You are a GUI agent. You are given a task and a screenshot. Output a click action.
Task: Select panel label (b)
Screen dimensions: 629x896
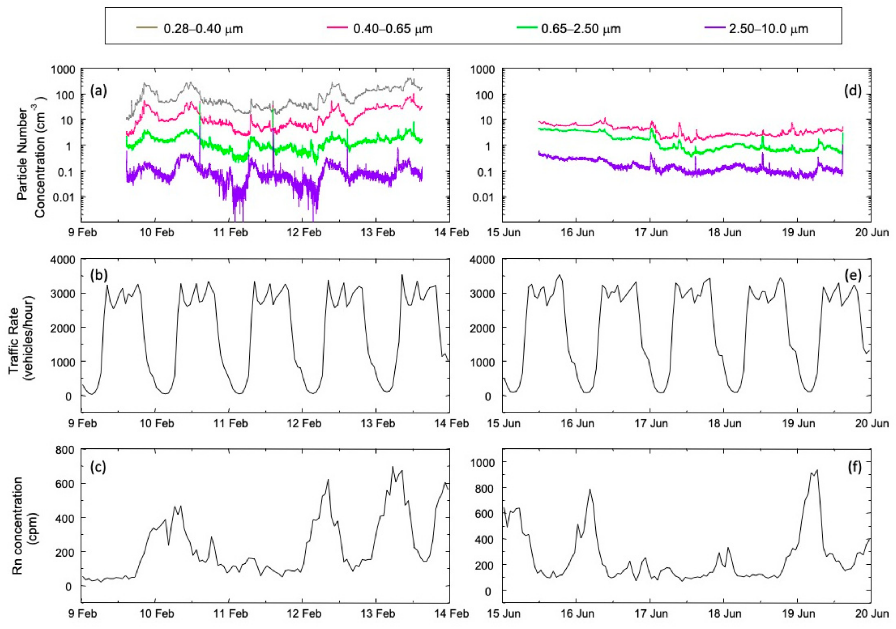click(x=98, y=275)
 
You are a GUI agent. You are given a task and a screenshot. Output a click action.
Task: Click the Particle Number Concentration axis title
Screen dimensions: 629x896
click(x=31, y=156)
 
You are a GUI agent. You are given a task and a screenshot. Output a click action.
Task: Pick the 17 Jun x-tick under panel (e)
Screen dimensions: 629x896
click(x=651, y=423)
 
